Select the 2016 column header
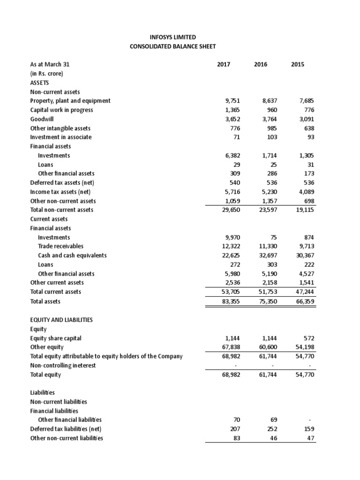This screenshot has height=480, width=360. pyautogui.click(x=260, y=64)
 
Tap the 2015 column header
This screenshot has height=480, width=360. pyautogui.click(x=297, y=64)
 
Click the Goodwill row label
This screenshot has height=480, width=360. pyautogui.click(x=42, y=119)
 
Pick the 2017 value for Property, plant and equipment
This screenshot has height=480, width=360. pyautogui.click(x=234, y=101)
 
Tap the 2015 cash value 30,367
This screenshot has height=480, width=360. pyautogui.click(x=303, y=255)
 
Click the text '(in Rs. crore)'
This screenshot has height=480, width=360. pyautogui.click(x=46, y=74)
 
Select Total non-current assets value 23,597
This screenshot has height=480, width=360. pyautogui.click(x=267, y=210)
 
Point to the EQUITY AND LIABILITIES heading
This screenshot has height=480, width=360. pyautogui.click(x=61, y=320)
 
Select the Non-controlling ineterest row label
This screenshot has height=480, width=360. pyautogui.click(x=63, y=366)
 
